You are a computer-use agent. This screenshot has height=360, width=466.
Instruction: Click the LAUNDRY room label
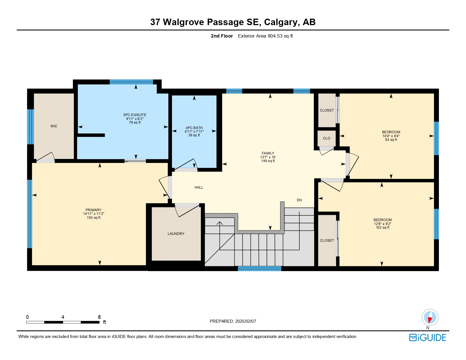pyautogui.click(x=176, y=234)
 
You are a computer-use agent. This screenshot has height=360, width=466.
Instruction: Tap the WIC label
pyautogui.click(x=54, y=126)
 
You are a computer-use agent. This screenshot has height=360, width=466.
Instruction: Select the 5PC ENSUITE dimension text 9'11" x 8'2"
pyautogui.click(x=135, y=119)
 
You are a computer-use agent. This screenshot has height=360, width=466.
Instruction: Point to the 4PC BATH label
pyautogui.click(x=194, y=128)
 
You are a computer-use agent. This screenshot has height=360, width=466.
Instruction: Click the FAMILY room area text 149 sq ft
pyautogui.click(x=268, y=161)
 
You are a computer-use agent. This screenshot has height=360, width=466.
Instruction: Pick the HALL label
pyautogui.click(x=199, y=187)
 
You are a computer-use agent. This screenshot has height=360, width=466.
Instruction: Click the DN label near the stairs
pyautogui.click(x=299, y=200)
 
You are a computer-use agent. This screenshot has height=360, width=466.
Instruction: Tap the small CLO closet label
pyautogui.click(x=326, y=138)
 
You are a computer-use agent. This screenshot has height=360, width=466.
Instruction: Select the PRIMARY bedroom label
pyautogui.click(x=93, y=210)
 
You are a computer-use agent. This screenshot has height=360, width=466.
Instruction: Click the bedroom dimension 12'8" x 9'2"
pyautogui.click(x=382, y=224)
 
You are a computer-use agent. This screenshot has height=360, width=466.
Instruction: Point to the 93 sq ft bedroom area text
pyautogui.click(x=391, y=140)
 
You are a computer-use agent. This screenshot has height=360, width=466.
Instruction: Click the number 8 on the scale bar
pyautogui.click(x=99, y=317)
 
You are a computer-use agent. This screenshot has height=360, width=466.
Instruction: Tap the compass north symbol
pyautogui.click(x=430, y=317)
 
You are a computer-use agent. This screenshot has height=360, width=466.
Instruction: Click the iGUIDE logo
pyautogui.click(x=428, y=338)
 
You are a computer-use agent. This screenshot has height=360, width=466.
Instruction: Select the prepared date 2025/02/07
pyautogui.click(x=245, y=321)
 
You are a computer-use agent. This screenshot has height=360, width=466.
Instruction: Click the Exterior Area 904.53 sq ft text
pyautogui.click(x=265, y=36)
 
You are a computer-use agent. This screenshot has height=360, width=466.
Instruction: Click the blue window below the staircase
pyautogui.click(x=260, y=269)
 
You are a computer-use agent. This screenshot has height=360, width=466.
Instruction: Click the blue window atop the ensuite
pyautogui.click(x=131, y=82)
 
